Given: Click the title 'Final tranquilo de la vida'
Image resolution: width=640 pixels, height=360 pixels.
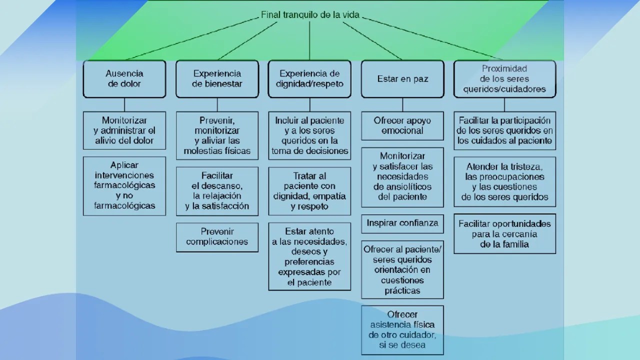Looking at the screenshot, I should click(x=309, y=15).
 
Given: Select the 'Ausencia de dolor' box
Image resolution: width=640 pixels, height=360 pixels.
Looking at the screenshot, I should click(x=124, y=79).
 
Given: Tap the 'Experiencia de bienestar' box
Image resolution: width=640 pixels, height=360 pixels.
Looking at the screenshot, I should click(x=217, y=79).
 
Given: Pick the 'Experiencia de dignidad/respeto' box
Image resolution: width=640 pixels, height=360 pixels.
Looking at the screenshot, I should click(x=309, y=79).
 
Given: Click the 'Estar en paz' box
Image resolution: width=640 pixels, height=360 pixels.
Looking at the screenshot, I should click(x=402, y=79).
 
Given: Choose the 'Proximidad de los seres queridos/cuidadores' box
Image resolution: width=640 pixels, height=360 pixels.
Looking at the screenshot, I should click(x=504, y=79).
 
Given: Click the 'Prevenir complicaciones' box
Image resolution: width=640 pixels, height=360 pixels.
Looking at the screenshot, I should click(x=217, y=237).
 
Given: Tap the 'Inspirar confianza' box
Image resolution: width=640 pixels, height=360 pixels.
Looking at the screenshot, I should click(x=402, y=223).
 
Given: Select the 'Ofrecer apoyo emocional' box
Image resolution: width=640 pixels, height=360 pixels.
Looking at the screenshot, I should click(x=402, y=125).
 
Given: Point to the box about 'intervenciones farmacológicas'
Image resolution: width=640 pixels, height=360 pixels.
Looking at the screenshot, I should click(x=124, y=185).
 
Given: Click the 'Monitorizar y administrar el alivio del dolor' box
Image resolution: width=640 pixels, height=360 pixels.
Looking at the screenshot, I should click(x=124, y=130).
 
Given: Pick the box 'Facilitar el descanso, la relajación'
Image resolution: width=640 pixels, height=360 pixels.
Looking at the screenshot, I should click(x=217, y=191).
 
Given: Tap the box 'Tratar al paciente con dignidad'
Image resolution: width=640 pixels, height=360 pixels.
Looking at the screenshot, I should click(x=309, y=191).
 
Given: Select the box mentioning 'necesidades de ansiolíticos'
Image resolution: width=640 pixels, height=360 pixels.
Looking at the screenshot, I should click(x=402, y=176).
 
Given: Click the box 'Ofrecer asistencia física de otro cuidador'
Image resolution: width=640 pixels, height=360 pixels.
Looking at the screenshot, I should click(x=402, y=330).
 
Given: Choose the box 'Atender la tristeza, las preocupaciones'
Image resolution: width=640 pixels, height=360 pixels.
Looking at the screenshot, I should click(x=504, y=181).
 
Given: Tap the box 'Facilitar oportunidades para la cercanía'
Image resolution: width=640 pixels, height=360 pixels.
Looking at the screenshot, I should click(x=504, y=234).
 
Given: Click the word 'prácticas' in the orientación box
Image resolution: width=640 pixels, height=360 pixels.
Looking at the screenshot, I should click(x=402, y=290).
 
